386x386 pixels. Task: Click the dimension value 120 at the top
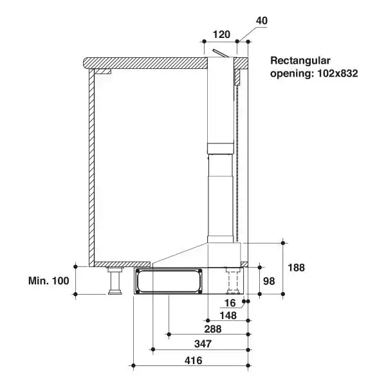221,34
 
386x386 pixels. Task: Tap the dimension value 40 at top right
261,21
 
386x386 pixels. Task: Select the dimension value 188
297,267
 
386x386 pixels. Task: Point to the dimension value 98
269,280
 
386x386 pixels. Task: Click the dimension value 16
230,302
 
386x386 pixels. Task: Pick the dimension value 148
228,315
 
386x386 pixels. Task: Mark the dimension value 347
203,344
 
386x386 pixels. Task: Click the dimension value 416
193,360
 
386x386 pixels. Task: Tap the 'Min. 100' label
48,280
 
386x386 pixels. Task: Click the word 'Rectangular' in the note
300,61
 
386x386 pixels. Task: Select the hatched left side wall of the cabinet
91,167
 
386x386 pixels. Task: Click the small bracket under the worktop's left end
103,71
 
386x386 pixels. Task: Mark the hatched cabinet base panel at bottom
122,264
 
